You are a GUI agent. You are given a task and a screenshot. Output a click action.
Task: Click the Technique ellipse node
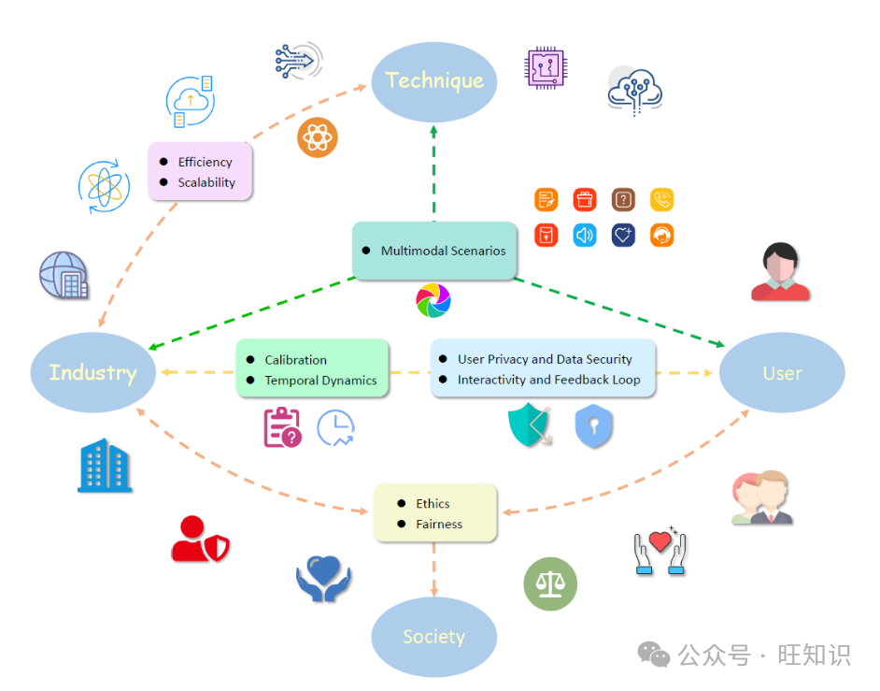pyautogui.click(x=434, y=80)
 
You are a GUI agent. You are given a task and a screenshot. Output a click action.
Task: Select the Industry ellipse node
pyautogui.click(x=92, y=372)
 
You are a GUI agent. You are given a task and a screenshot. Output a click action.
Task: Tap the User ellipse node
pyautogui.click(x=782, y=373)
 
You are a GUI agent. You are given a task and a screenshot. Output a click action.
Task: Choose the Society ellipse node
pyautogui.click(x=433, y=637)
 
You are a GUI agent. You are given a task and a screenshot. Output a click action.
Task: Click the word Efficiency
pyautogui.click(x=205, y=162)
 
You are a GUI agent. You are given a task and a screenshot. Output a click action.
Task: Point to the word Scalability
pyautogui.click(x=206, y=182)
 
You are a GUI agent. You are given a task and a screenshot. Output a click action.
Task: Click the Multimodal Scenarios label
pyautogui.click(x=443, y=251)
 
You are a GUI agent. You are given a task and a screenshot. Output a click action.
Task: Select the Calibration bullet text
pyautogui.click(x=295, y=360)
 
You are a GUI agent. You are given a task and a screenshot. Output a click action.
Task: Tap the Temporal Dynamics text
pyautogui.click(x=320, y=381)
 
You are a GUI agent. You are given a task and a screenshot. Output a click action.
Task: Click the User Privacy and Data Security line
pyautogui.click(x=545, y=359)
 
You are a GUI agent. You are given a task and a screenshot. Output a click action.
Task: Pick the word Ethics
pyautogui.click(x=433, y=504)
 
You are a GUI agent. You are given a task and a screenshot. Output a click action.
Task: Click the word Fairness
pyautogui.click(x=439, y=525)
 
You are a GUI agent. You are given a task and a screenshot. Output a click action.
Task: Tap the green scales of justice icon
pyautogui.click(x=550, y=584)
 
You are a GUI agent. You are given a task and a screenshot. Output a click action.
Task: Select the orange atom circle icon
pyautogui.click(x=318, y=138)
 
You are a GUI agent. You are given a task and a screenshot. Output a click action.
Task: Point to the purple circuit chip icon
pyautogui.click(x=546, y=67)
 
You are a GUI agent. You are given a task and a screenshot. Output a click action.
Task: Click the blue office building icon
pyautogui.click(x=105, y=467)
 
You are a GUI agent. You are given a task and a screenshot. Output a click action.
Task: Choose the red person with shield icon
pyautogui.click(x=199, y=540)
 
